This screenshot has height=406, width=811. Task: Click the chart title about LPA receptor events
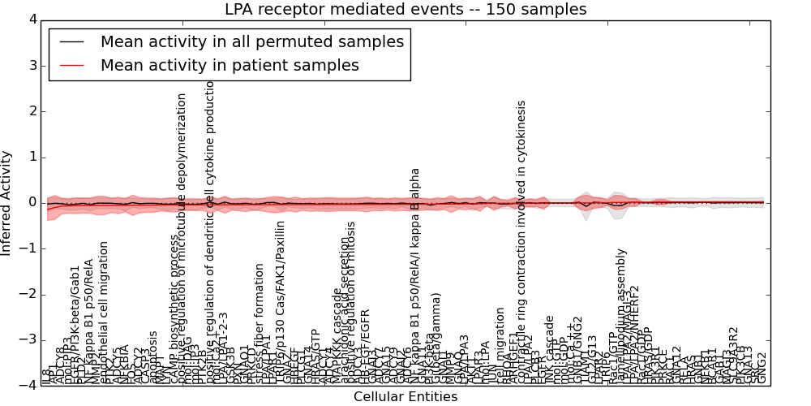click(x=405, y=10)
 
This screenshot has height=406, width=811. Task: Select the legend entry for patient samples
click(x=230, y=66)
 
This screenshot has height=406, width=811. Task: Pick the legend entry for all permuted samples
click(x=251, y=42)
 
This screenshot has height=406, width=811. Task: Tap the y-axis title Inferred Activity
click(x=7, y=203)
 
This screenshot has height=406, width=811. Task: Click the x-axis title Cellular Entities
click(x=405, y=397)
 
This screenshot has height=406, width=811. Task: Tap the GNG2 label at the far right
click(x=762, y=368)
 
